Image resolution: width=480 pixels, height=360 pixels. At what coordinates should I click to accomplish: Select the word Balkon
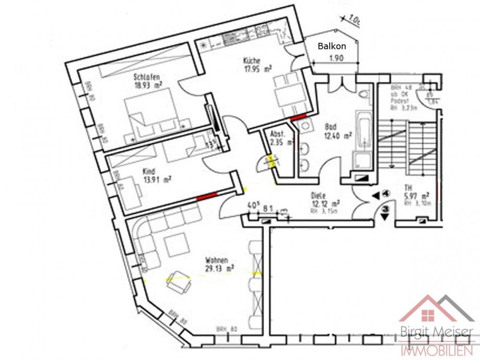coord(332,46)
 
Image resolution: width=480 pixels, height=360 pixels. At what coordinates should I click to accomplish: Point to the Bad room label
coord(330,126)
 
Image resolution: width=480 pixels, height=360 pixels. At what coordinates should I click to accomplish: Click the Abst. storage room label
coord(277,133)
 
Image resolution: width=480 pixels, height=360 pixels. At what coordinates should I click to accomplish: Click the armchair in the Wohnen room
coord(179,281)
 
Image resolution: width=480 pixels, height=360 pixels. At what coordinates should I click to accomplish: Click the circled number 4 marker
coord(386,194)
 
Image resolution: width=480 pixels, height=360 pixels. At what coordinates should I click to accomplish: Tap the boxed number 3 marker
coord(385,209)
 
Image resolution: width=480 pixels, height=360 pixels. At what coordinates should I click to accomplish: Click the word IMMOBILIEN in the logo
coord(437,351)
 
